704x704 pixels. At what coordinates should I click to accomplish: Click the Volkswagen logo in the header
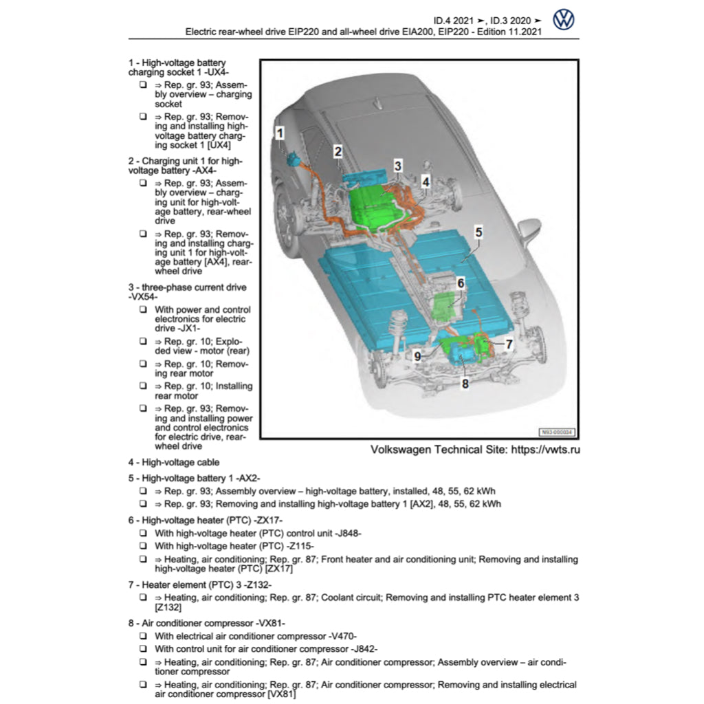563,20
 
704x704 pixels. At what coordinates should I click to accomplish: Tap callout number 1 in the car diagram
279,133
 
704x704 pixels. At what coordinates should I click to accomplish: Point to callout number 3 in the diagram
397,165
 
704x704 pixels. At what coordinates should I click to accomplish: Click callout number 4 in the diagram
426,182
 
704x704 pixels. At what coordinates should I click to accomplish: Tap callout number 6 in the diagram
461,283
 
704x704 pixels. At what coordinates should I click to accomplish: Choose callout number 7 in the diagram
509,344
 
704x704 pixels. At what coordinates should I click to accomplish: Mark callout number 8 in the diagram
465,384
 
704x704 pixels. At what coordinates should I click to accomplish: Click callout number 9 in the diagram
417,355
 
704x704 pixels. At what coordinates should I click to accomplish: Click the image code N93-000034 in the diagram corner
556,432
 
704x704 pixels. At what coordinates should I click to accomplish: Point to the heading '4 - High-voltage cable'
174,463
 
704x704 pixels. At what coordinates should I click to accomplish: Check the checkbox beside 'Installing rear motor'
142,386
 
